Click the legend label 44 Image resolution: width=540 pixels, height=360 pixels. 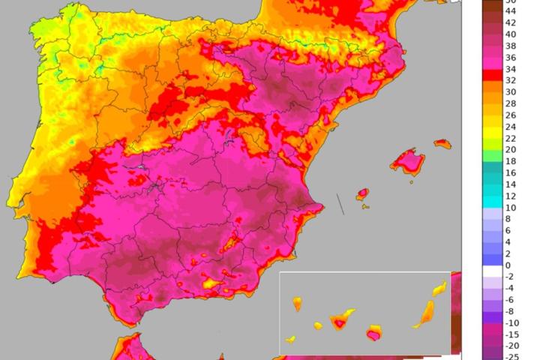(510, 11)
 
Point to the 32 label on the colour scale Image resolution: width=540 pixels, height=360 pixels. (510, 80)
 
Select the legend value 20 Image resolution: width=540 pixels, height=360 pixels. (510, 149)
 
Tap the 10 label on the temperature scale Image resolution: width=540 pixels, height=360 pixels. (510, 208)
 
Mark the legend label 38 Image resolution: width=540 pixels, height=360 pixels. (510, 46)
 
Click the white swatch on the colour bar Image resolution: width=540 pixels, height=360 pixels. (472, 265)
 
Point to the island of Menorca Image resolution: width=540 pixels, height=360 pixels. (442, 143)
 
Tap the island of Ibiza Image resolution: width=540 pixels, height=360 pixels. (362, 194)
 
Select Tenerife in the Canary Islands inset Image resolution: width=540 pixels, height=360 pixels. (340, 322)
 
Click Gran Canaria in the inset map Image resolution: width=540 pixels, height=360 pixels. (374, 331)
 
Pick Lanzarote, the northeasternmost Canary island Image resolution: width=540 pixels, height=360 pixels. (439, 289)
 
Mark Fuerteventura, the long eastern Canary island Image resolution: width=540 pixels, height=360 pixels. (424, 313)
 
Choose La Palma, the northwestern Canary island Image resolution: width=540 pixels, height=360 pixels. (297, 304)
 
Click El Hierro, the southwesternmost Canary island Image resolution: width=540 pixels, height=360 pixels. (290, 340)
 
